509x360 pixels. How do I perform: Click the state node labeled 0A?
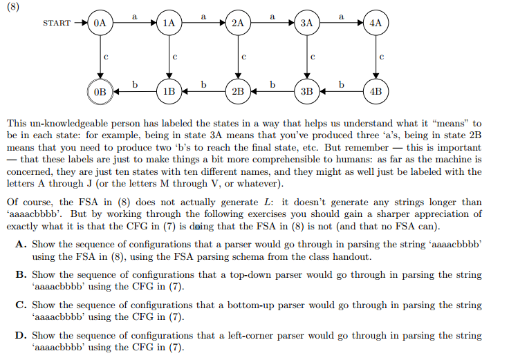(100, 23)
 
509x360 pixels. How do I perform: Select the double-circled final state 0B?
(100, 91)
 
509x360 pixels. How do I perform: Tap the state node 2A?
(238, 23)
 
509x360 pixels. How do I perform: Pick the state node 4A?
(376, 23)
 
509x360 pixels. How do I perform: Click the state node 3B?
(307, 91)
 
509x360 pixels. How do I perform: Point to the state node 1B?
(169, 91)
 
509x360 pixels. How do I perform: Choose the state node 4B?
(376, 91)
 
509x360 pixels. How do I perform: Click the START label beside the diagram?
(57, 23)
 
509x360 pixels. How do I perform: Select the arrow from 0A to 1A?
(135, 23)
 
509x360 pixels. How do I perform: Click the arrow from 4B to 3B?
(341, 91)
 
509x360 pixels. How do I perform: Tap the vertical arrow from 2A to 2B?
(238, 57)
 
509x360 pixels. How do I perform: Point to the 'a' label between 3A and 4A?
(342, 15)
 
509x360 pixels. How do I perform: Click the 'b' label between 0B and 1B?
(135, 84)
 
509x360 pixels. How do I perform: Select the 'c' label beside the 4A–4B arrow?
(382, 55)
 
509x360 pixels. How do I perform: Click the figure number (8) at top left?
(12, 8)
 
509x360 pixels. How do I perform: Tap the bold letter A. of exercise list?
(19, 245)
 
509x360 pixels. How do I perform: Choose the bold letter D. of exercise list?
(19, 336)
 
